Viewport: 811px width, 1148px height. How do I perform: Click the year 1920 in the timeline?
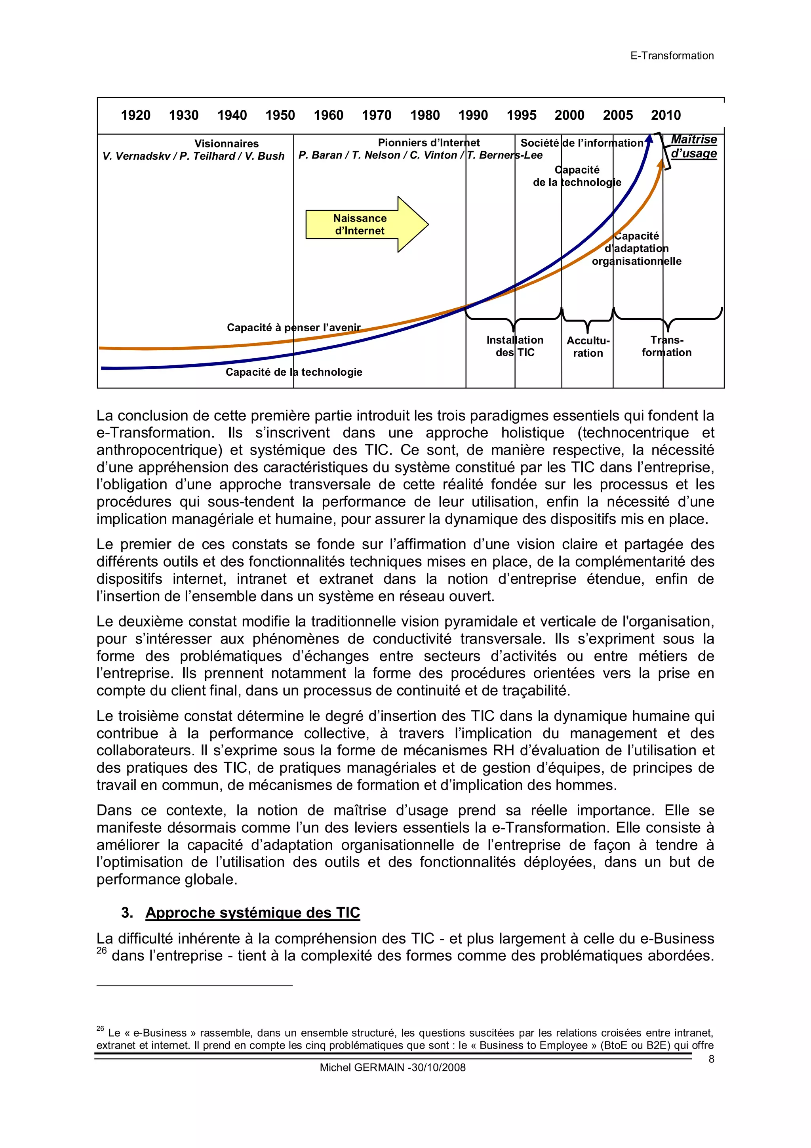coord(135,115)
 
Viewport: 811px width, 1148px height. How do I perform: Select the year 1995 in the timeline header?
coord(521,115)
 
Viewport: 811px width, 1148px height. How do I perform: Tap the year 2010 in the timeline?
coord(666,115)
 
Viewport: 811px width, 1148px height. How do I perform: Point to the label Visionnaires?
coord(227,143)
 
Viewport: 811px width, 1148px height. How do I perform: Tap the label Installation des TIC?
coord(515,346)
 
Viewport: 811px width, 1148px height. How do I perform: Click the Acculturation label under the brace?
coord(588,346)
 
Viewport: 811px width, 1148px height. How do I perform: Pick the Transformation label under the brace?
coord(666,346)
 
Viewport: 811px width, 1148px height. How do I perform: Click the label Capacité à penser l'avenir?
coord(293,327)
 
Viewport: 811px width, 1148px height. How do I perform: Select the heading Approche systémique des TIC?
coord(252,913)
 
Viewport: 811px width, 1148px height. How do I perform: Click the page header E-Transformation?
coord(672,56)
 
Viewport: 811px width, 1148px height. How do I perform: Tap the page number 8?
coord(711,1058)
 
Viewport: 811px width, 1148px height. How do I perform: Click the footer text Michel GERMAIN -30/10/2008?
coord(392,1068)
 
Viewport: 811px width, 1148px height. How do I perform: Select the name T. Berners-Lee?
coord(504,155)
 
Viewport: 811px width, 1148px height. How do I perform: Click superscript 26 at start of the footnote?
coord(100,1028)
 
